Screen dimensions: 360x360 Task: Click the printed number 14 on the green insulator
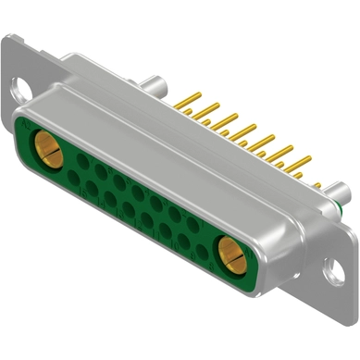[x=101, y=202]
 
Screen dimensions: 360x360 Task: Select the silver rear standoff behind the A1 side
[x=341, y=192]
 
